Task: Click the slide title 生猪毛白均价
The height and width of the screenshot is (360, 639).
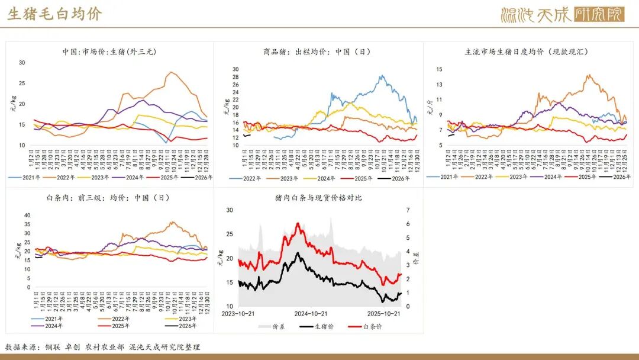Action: click(x=54, y=14)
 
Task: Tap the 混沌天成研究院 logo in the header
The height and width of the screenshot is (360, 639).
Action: click(x=561, y=14)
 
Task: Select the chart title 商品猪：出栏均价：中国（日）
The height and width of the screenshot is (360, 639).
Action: click(x=317, y=52)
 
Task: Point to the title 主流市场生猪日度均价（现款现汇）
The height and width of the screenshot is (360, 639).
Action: click(x=527, y=52)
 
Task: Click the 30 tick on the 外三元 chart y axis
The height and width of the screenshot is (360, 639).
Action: click(x=22, y=63)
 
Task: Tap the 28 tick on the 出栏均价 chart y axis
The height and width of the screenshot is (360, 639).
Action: click(x=234, y=69)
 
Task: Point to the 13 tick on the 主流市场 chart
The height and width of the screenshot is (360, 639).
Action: click(x=439, y=85)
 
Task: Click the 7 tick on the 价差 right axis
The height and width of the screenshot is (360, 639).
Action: click(x=407, y=210)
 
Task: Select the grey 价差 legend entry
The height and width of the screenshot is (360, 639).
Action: click(x=272, y=326)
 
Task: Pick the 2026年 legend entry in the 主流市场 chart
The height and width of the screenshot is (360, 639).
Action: click(x=615, y=176)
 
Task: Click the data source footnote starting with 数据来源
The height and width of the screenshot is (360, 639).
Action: click(x=103, y=347)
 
